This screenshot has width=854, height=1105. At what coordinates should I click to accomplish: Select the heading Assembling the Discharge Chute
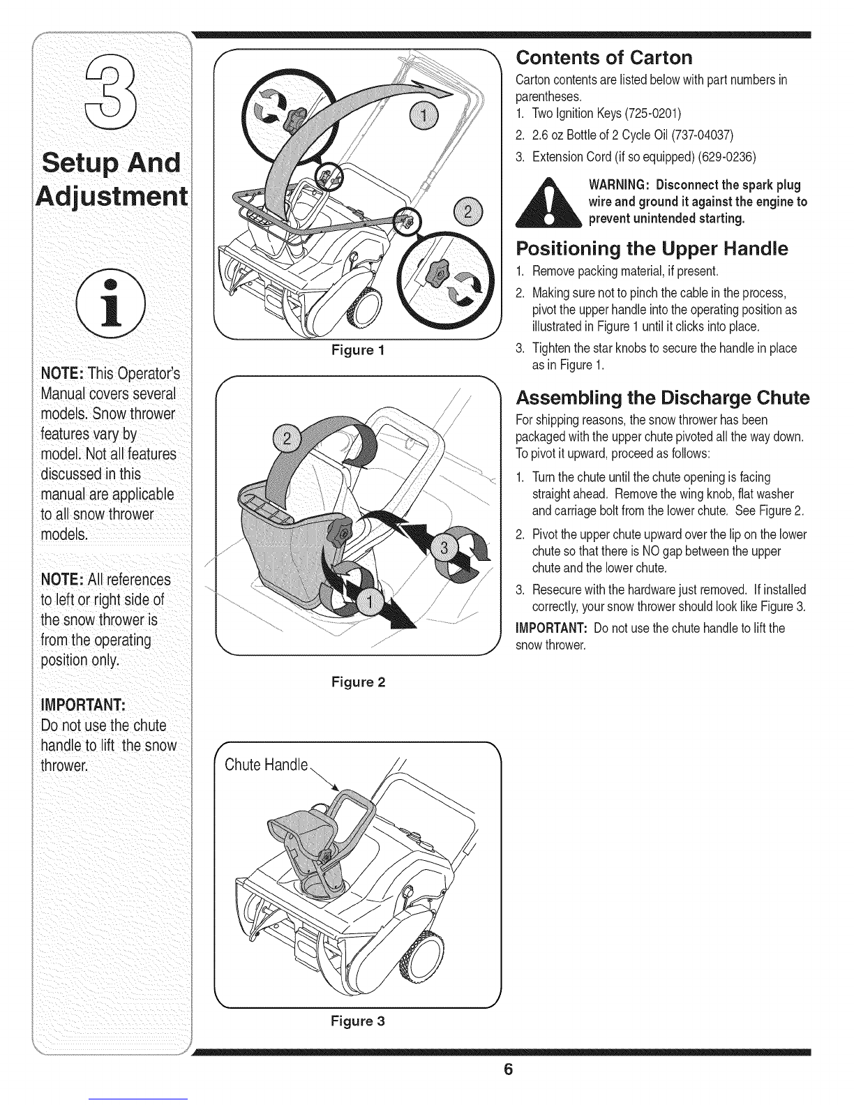coord(661,398)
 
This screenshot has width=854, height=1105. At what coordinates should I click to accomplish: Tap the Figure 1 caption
coord(359,348)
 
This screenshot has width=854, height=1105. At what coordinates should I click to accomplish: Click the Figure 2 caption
coord(359,682)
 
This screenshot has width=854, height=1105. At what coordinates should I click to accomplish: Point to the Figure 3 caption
coord(359,1021)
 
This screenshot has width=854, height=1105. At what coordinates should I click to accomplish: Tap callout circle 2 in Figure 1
coord(464,209)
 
